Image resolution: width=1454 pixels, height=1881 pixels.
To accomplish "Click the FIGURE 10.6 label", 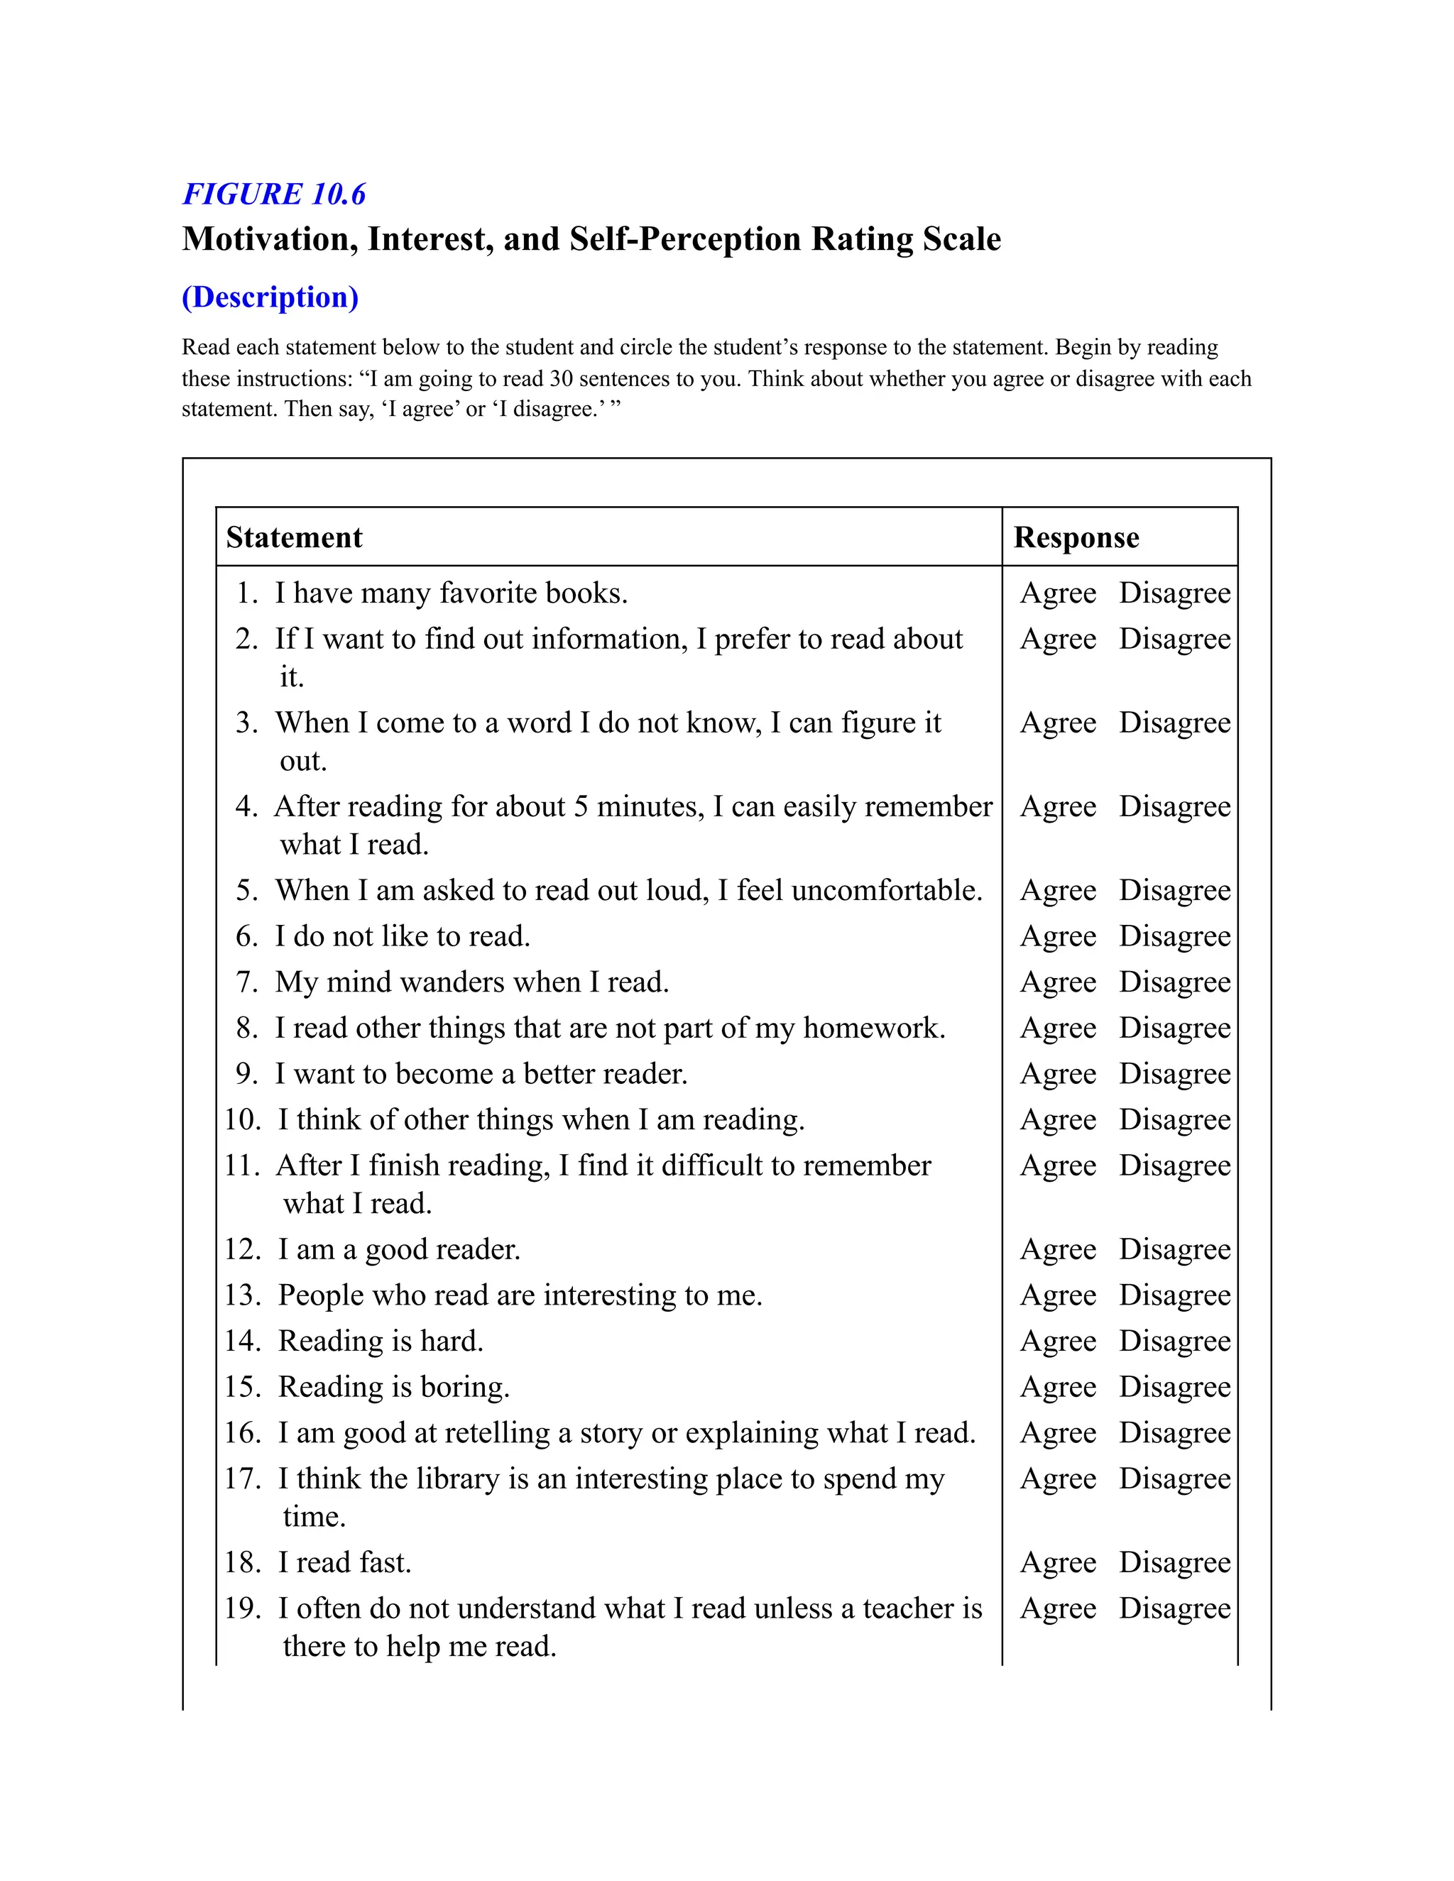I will coord(274,194).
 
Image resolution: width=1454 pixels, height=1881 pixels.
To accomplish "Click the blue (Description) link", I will coord(270,297).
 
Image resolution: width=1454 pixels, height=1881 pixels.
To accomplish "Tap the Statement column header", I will coord(294,537).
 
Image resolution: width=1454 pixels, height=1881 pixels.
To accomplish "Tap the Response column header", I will coord(1076,537).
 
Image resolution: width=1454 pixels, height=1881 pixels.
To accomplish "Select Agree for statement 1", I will coord(1058,593).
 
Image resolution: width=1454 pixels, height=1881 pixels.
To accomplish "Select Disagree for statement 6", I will coord(1174,936).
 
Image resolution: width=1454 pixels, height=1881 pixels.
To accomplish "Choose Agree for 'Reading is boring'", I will coord(1058,1387).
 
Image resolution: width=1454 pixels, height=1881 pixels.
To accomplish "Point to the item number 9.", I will coord(247,1074).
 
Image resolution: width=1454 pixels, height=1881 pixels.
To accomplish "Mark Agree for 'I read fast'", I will coord(1058,1562).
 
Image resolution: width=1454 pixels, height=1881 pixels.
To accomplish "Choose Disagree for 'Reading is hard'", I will coord(1174,1341).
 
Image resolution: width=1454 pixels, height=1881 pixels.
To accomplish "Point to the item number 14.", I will coord(242,1341).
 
